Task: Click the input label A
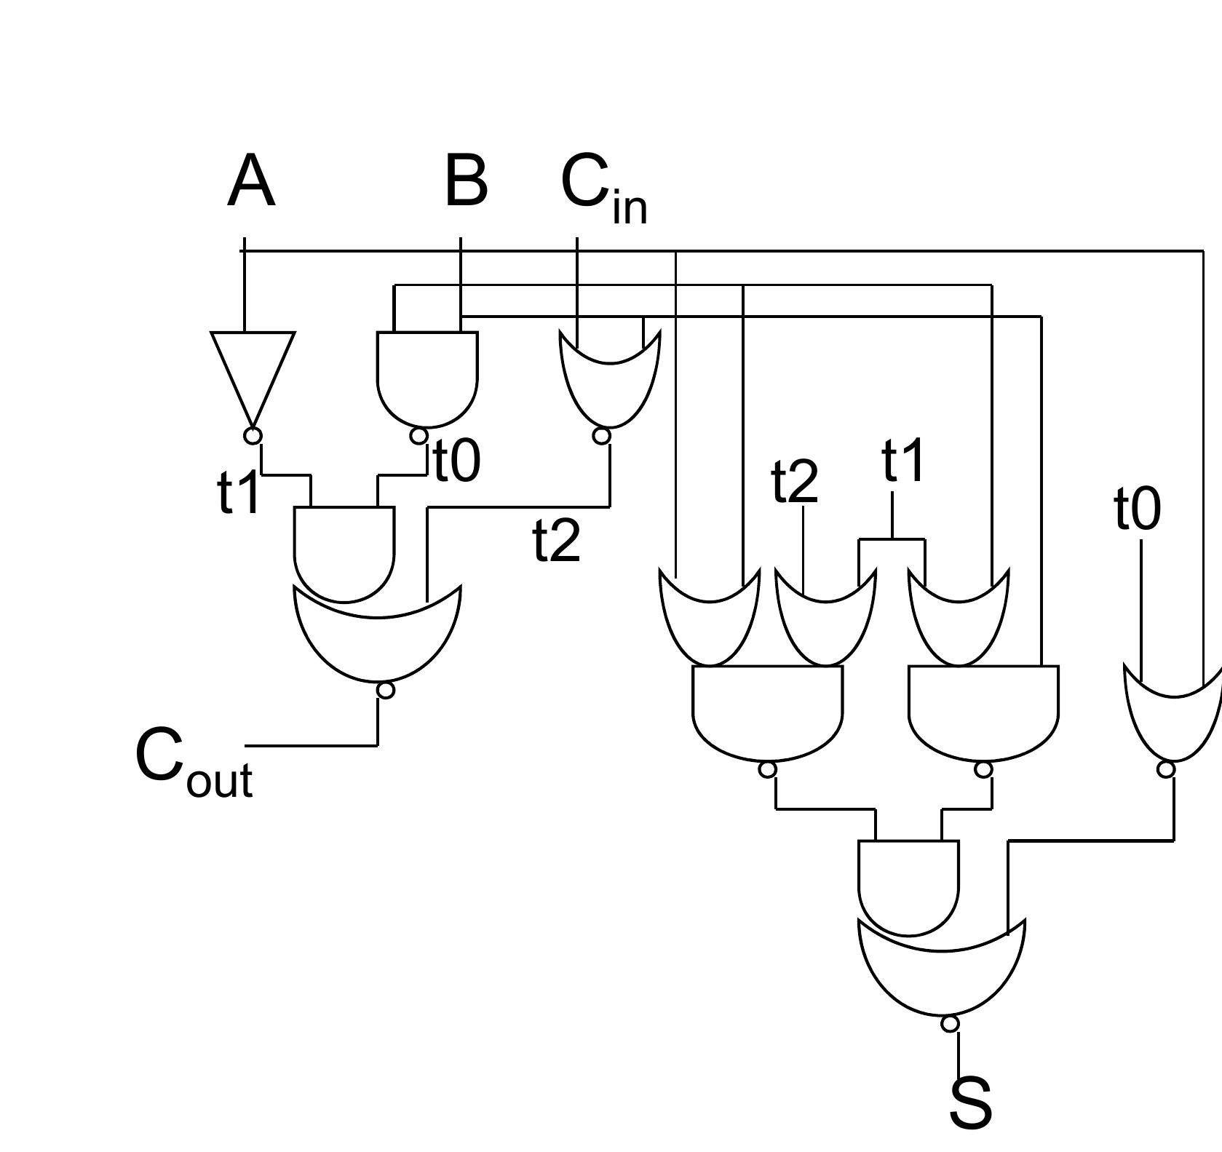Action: coord(251,181)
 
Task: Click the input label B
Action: coord(465,181)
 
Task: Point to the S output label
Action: coord(970,1103)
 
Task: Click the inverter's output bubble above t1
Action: coord(253,436)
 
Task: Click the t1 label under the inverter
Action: coord(239,492)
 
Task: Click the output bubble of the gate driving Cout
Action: coord(386,690)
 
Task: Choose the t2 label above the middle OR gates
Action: coord(795,481)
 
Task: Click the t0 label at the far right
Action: coord(1138,509)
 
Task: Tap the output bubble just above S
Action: coord(950,1024)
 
